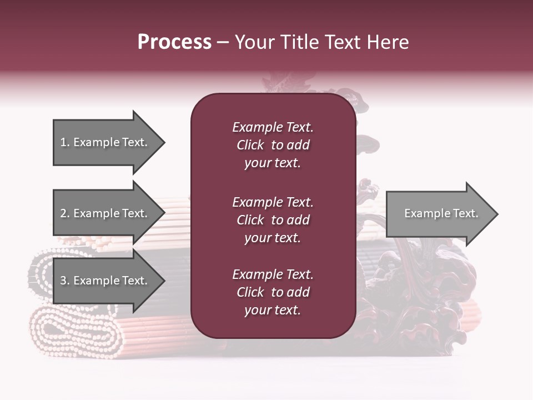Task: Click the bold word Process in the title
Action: (174, 42)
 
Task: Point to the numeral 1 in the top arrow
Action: (63, 142)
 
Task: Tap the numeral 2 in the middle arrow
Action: (63, 213)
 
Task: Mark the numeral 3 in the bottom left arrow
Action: (63, 281)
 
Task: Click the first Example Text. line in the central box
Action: (273, 127)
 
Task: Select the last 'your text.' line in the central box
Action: (273, 310)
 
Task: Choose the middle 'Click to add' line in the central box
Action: (273, 220)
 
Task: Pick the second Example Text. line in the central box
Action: (273, 202)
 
